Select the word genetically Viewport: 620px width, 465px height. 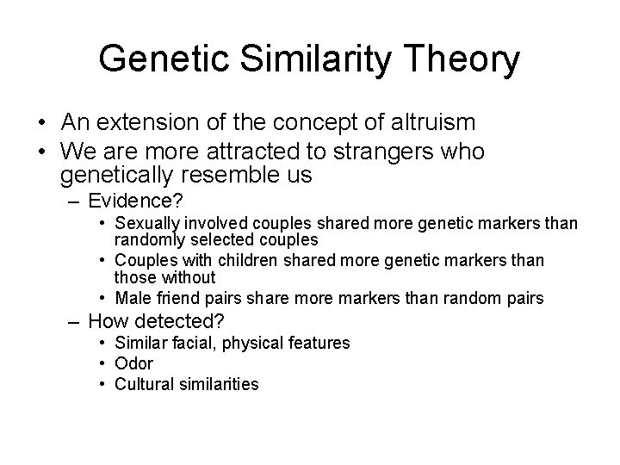click(117, 177)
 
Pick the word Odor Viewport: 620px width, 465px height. click(133, 363)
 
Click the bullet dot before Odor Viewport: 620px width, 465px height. click(102, 363)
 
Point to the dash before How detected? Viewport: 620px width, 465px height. click(74, 321)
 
